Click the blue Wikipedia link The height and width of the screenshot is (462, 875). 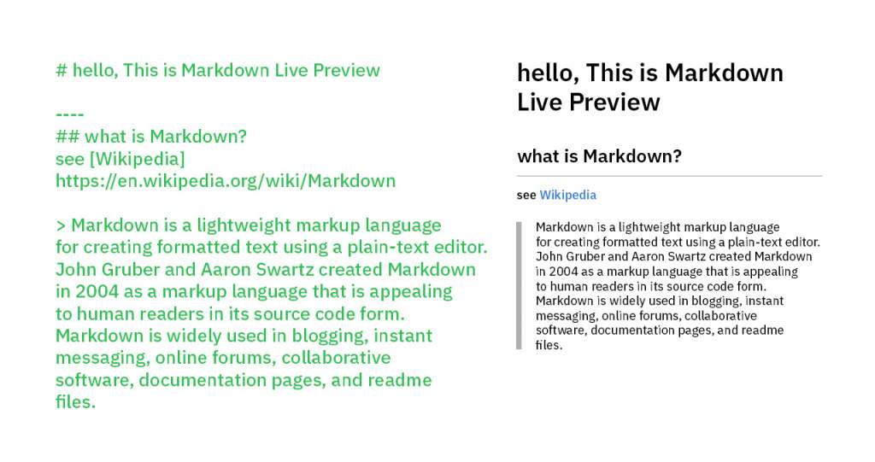(x=567, y=195)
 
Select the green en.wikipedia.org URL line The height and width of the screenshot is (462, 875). (x=226, y=181)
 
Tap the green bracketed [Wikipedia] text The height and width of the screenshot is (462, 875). (x=138, y=159)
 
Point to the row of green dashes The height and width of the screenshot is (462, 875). (x=70, y=114)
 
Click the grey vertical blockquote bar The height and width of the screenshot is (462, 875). (x=519, y=286)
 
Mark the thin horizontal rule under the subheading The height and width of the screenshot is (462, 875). (x=669, y=176)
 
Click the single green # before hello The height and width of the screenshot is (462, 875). (x=62, y=70)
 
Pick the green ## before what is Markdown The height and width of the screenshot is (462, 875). (x=68, y=137)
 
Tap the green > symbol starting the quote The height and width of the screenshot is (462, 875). (x=61, y=225)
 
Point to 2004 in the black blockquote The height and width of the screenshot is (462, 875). (x=564, y=272)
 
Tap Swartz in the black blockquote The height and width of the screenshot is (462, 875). (x=684, y=257)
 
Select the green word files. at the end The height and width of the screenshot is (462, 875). (x=75, y=401)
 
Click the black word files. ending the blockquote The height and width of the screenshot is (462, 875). (x=549, y=345)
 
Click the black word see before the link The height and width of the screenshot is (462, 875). (x=526, y=196)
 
